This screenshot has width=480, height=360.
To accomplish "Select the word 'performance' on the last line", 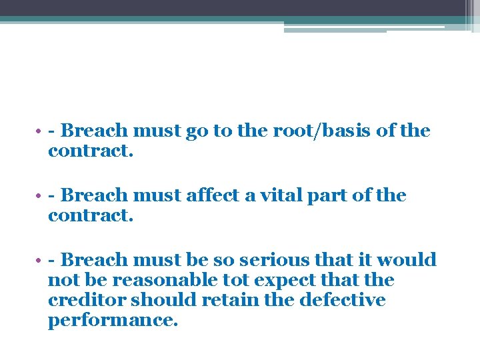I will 111,321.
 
